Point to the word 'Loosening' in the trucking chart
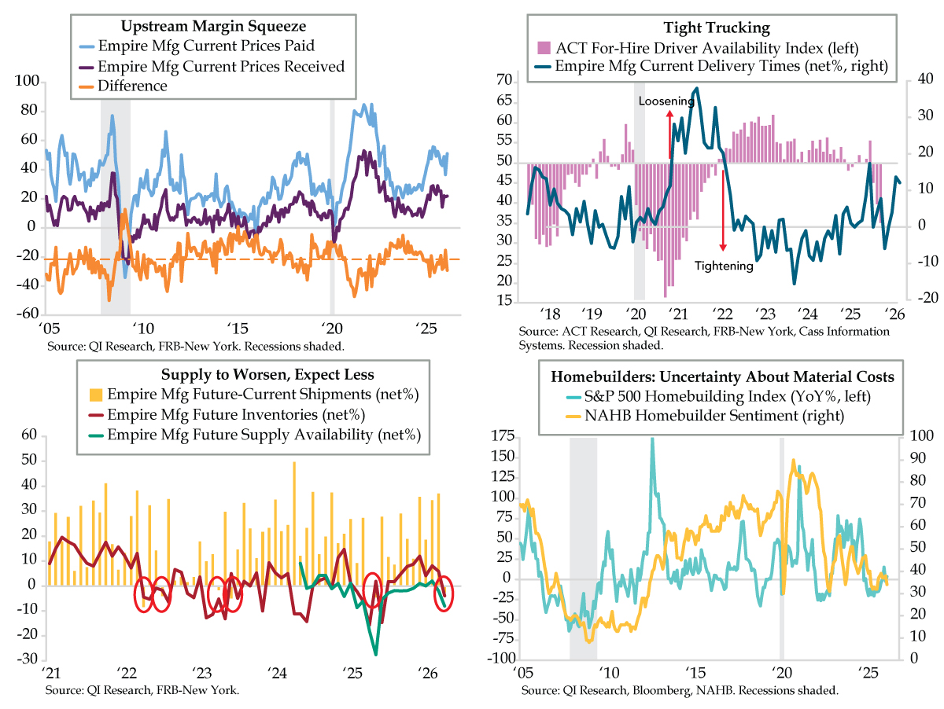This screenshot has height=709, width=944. (666, 101)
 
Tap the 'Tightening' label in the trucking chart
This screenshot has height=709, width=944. (723, 266)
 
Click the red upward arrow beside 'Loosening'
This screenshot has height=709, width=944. (669, 134)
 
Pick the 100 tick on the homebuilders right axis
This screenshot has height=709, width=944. (919, 437)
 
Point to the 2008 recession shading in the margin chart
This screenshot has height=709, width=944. (115, 197)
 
